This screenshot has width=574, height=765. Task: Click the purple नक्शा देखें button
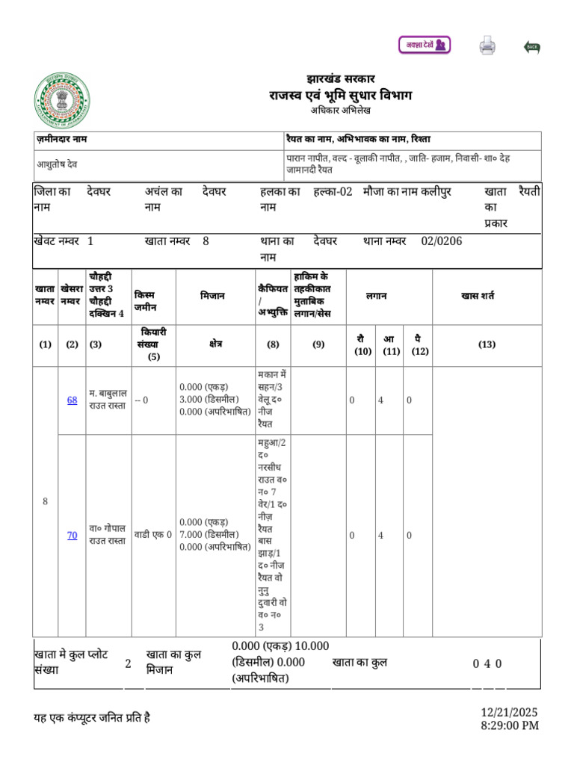pyautogui.click(x=424, y=45)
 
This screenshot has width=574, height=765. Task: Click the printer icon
pyautogui.click(x=487, y=46)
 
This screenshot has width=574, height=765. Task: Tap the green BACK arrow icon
pyautogui.click(x=531, y=47)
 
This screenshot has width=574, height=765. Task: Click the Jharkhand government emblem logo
pyautogui.click(x=62, y=102)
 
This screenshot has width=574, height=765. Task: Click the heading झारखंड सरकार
pyautogui.click(x=340, y=79)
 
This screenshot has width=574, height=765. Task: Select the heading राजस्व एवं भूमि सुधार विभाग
pyautogui.click(x=340, y=96)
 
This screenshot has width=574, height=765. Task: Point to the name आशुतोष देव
pyautogui.click(x=58, y=164)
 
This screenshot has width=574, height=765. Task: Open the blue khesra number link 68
pyautogui.click(x=72, y=400)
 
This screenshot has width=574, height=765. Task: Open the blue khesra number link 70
pyautogui.click(x=72, y=535)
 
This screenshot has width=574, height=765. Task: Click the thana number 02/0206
pyautogui.click(x=442, y=241)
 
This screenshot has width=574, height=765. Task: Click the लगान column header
pyautogui.click(x=376, y=296)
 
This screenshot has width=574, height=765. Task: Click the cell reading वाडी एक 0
pyautogui.click(x=153, y=535)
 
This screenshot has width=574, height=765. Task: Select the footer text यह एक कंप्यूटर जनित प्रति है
pyautogui.click(x=92, y=719)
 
